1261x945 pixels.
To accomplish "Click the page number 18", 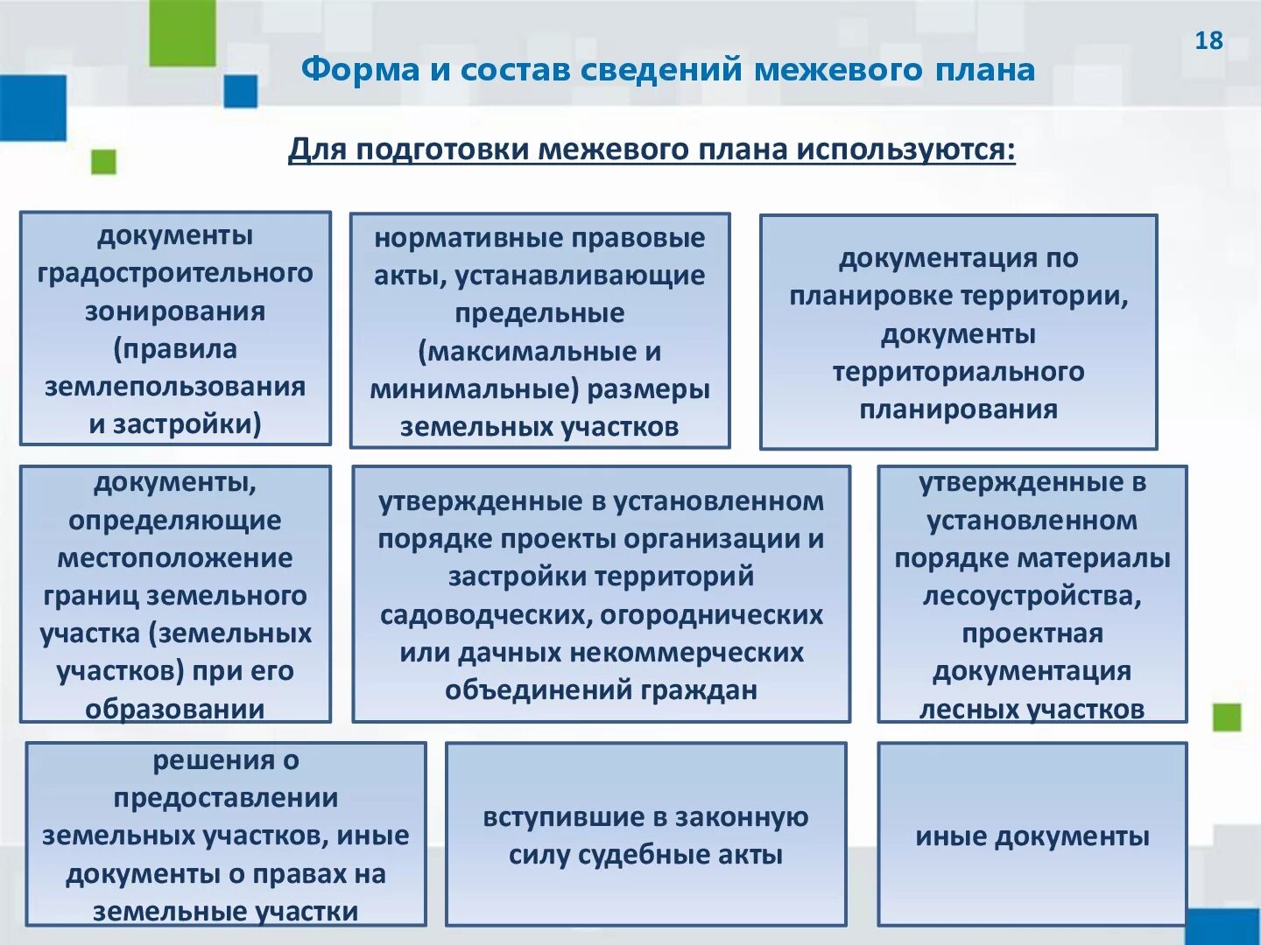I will pos(1208,40).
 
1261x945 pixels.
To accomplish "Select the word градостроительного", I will pos(175,273).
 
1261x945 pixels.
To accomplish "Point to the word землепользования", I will pos(175,387).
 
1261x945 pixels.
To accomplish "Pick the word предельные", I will pos(539,313).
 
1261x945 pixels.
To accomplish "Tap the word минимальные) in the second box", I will pos(474,389).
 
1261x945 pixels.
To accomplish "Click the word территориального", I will pos(958,372).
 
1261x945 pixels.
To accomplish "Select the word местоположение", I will pos(175,558).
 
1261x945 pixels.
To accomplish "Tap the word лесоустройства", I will pos(1032,596).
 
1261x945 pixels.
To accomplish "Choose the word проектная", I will pos(1032,633).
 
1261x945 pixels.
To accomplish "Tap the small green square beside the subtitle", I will pos(103,162).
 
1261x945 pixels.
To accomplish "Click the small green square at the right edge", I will pos(1227,717).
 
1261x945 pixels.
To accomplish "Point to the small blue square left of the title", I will pos(240,91).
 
